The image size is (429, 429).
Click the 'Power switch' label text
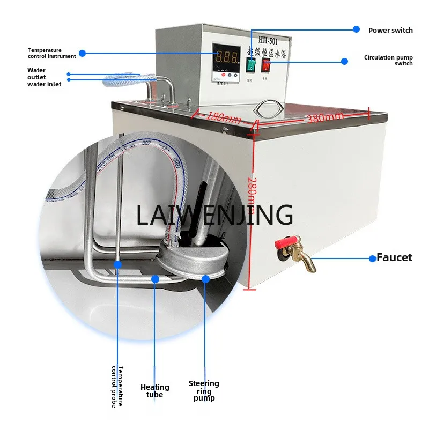(x=390, y=31)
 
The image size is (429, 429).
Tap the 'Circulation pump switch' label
(x=388, y=60)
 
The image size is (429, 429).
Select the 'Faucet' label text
(x=394, y=257)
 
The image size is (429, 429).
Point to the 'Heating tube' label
(x=155, y=390)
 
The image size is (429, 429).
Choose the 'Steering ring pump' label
(x=204, y=390)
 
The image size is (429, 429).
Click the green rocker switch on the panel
(x=251, y=65)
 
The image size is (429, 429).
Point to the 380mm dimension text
(x=326, y=117)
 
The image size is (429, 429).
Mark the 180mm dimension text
(x=224, y=117)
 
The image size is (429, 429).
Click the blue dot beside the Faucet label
(x=372, y=258)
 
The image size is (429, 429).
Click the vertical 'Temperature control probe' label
(x=117, y=386)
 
